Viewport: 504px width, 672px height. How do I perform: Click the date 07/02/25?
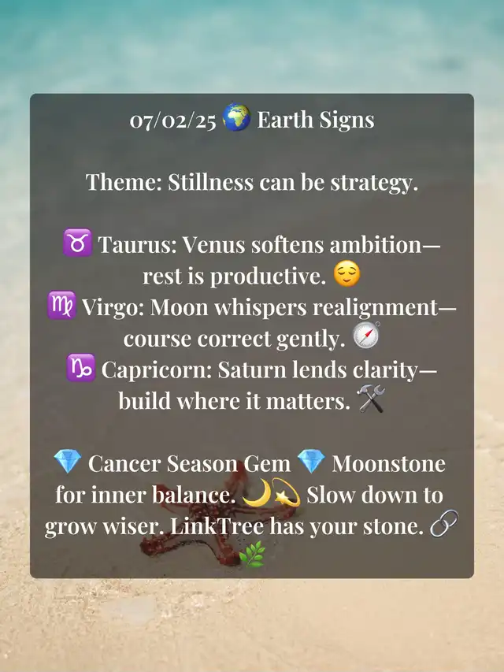point(173,121)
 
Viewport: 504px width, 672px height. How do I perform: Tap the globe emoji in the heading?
point(236,117)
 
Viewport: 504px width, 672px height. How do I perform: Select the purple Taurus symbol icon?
point(78,243)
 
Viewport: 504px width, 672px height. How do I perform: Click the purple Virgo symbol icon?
point(61,305)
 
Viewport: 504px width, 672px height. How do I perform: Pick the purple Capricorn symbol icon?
point(81,368)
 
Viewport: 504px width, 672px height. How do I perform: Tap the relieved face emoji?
point(346,273)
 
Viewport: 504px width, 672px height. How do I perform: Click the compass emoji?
point(366,336)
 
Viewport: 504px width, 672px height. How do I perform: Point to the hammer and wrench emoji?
point(371,399)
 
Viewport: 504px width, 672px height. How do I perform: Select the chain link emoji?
point(444,523)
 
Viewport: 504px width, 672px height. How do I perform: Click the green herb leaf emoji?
point(252,554)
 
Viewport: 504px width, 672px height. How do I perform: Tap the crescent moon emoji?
point(258,493)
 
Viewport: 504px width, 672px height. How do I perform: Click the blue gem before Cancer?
point(68,461)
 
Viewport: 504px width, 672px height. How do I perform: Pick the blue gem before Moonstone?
point(311,461)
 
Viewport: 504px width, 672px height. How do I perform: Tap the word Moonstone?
point(389,464)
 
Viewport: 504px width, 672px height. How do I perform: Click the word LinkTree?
point(217,526)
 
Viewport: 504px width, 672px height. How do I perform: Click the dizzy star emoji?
point(286,493)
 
